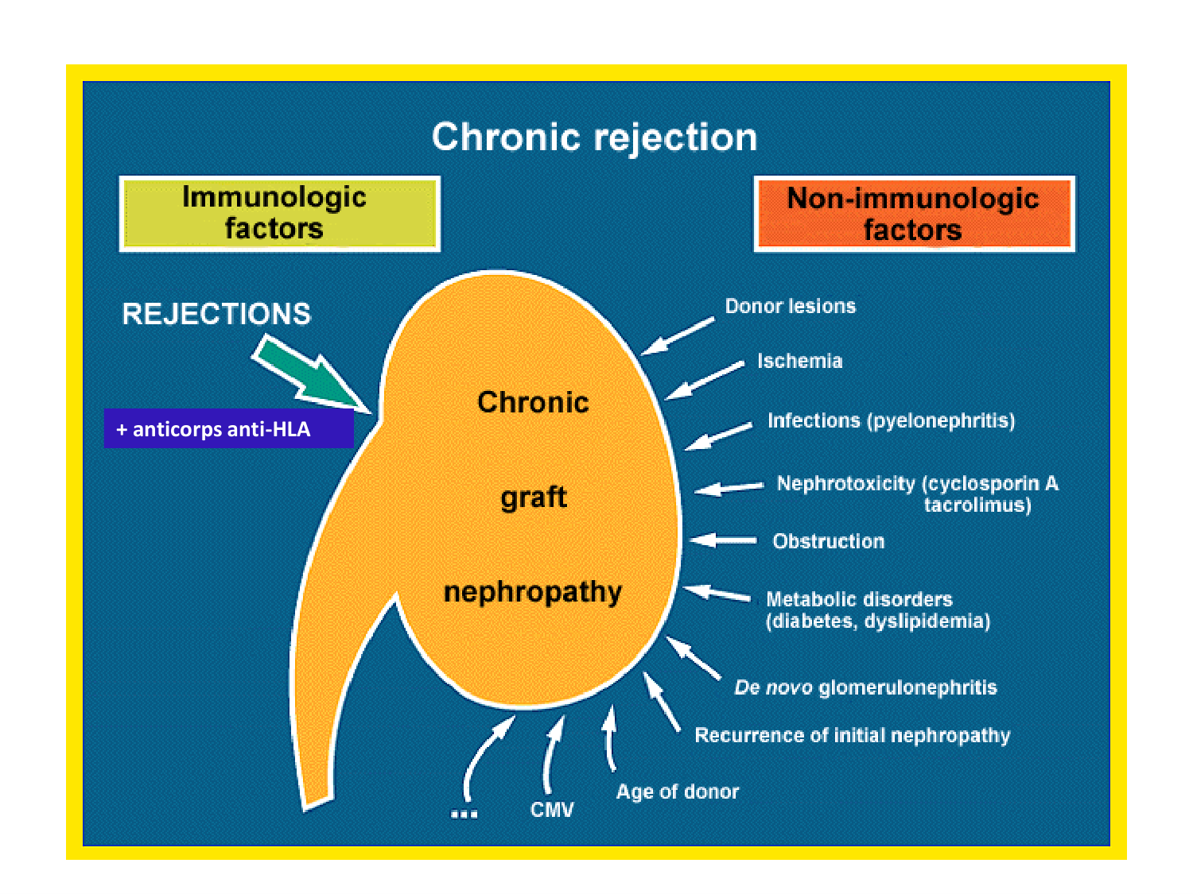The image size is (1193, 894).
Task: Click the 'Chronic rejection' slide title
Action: coord(594,137)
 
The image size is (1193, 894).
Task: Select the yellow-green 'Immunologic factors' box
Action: coord(279,213)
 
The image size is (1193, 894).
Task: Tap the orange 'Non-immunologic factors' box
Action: coord(914,214)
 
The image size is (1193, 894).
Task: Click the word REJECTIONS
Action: coord(216,314)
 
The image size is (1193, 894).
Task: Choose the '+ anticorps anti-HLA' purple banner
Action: coord(228,429)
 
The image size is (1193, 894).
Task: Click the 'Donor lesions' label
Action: coord(790,306)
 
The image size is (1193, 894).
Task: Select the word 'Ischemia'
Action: coord(799,361)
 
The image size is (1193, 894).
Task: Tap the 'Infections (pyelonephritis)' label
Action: coord(891,420)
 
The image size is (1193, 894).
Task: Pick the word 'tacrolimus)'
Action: coord(977,505)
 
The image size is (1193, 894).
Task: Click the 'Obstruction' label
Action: coord(828,541)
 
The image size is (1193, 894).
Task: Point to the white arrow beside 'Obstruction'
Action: coord(723,540)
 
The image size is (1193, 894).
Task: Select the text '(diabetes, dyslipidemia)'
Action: coord(878,621)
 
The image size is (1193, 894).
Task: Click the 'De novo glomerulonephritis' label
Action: coord(865,687)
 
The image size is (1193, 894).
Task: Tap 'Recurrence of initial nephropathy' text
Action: coord(852,735)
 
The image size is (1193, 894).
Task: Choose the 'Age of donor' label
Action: coord(678,791)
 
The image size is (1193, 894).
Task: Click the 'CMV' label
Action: coord(552,810)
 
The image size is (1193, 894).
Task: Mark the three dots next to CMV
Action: coord(464,813)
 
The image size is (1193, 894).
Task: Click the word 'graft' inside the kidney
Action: coord(534,497)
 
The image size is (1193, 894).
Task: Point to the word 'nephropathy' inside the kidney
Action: coord(533,592)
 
